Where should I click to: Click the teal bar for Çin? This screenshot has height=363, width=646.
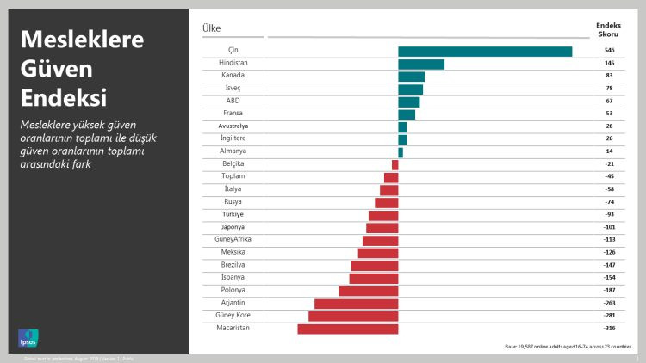click(485, 52)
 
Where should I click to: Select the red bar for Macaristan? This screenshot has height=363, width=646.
click(348, 329)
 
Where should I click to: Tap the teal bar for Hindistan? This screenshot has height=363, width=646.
click(421, 65)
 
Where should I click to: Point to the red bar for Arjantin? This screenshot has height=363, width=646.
click(357, 304)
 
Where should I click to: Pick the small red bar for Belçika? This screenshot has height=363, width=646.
click(395, 164)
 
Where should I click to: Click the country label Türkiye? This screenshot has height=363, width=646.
click(233, 214)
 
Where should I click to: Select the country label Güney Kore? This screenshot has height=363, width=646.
click(233, 316)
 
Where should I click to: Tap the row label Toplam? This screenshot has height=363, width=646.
click(233, 176)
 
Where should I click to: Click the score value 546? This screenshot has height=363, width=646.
click(609, 52)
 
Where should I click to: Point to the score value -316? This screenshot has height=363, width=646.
click(609, 329)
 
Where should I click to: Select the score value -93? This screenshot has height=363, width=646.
click(609, 214)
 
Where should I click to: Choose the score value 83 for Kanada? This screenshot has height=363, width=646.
click(609, 77)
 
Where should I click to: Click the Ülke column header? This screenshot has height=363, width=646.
click(211, 28)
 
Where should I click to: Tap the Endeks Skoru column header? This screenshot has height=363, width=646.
click(608, 30)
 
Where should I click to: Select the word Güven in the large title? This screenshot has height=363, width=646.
click(56, 68)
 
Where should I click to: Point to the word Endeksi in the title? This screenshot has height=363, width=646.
click(65, 95)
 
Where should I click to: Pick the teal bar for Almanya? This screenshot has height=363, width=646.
click(401, 152)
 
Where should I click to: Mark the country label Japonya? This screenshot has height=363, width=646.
click(233, 227)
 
